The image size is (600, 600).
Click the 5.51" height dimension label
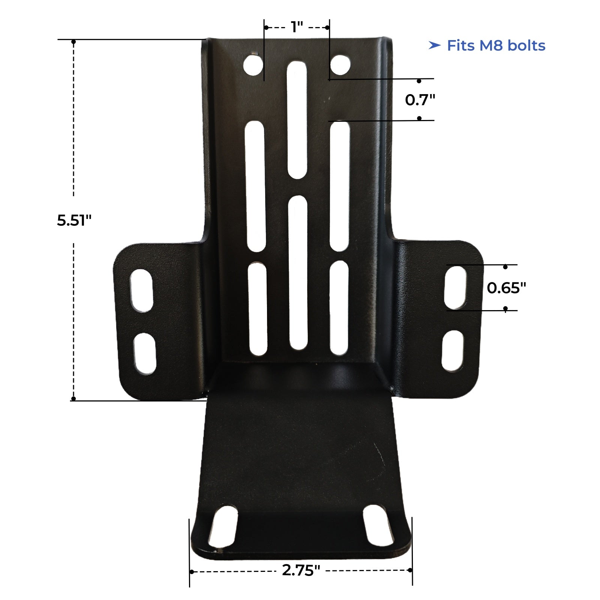(74, 220)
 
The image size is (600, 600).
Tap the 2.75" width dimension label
(301, 571)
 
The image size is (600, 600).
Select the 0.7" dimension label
(420, 100)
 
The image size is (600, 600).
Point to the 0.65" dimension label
(506, 288)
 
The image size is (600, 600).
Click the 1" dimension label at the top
(297, 27)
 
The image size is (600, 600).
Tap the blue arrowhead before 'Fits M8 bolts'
(434, 46)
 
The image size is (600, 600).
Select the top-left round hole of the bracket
(253, 65)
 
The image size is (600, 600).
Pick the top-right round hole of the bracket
(340, 64)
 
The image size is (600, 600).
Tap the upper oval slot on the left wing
(141, 290)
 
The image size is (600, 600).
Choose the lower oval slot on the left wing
(145, 354)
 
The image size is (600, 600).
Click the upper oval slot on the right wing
(455, 288)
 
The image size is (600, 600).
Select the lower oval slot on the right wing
(453, 351)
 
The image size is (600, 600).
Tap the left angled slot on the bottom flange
(223, 526)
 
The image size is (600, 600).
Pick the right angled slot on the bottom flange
(378, 525)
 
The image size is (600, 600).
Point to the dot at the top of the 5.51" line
(74, 42)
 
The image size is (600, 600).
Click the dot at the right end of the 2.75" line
(410, 570)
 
